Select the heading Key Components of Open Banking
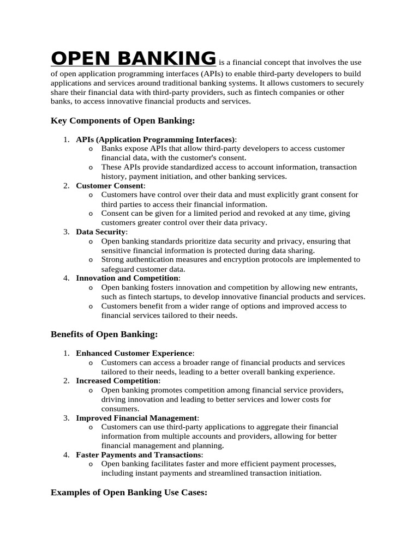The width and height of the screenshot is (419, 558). point(123,120)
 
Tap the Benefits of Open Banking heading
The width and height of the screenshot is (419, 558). point(104,334)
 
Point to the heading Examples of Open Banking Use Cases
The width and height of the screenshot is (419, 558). point(129,493)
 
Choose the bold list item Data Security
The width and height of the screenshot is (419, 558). point(101,232)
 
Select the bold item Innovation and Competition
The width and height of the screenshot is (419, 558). point(127,278)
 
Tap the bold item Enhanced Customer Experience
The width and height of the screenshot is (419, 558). point(134,353)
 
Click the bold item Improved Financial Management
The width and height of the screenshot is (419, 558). point(136,418)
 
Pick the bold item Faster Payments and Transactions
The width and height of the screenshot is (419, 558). point(139,454)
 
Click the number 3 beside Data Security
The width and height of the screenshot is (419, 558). point(65,232)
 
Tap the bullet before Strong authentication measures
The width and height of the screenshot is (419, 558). point(90,260)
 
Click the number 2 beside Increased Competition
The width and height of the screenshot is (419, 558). point(65,381)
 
